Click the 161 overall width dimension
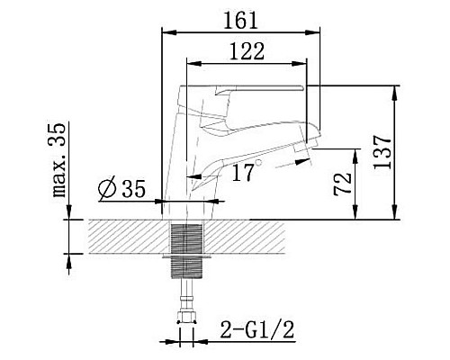(x=240, y=19)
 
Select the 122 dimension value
(x=246, y=51)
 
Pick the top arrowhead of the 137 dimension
(x=396, y=90)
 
